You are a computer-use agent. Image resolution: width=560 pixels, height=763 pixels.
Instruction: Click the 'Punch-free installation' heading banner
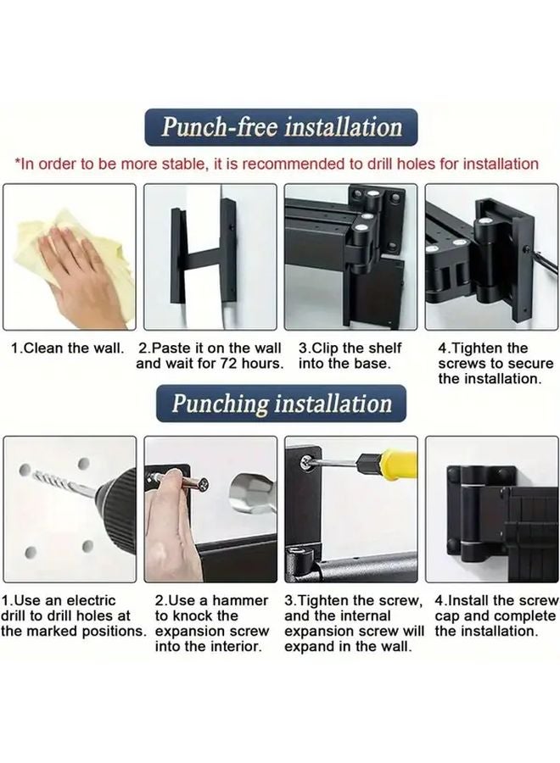281,127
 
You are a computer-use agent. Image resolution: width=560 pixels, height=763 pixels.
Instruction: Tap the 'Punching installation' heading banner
281,404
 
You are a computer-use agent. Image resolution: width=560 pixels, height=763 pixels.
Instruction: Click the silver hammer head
252,493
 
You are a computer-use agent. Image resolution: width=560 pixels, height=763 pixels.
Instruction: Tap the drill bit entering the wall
61,482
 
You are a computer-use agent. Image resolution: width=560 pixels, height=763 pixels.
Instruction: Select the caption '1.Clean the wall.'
68,348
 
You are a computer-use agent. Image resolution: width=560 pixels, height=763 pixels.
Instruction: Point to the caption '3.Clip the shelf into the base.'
350,356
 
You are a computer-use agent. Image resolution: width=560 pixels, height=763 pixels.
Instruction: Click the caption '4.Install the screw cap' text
496,608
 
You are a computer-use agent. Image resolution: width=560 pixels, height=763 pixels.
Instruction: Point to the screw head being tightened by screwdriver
307,462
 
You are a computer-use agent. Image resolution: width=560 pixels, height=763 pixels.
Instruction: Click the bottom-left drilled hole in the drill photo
31,552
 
